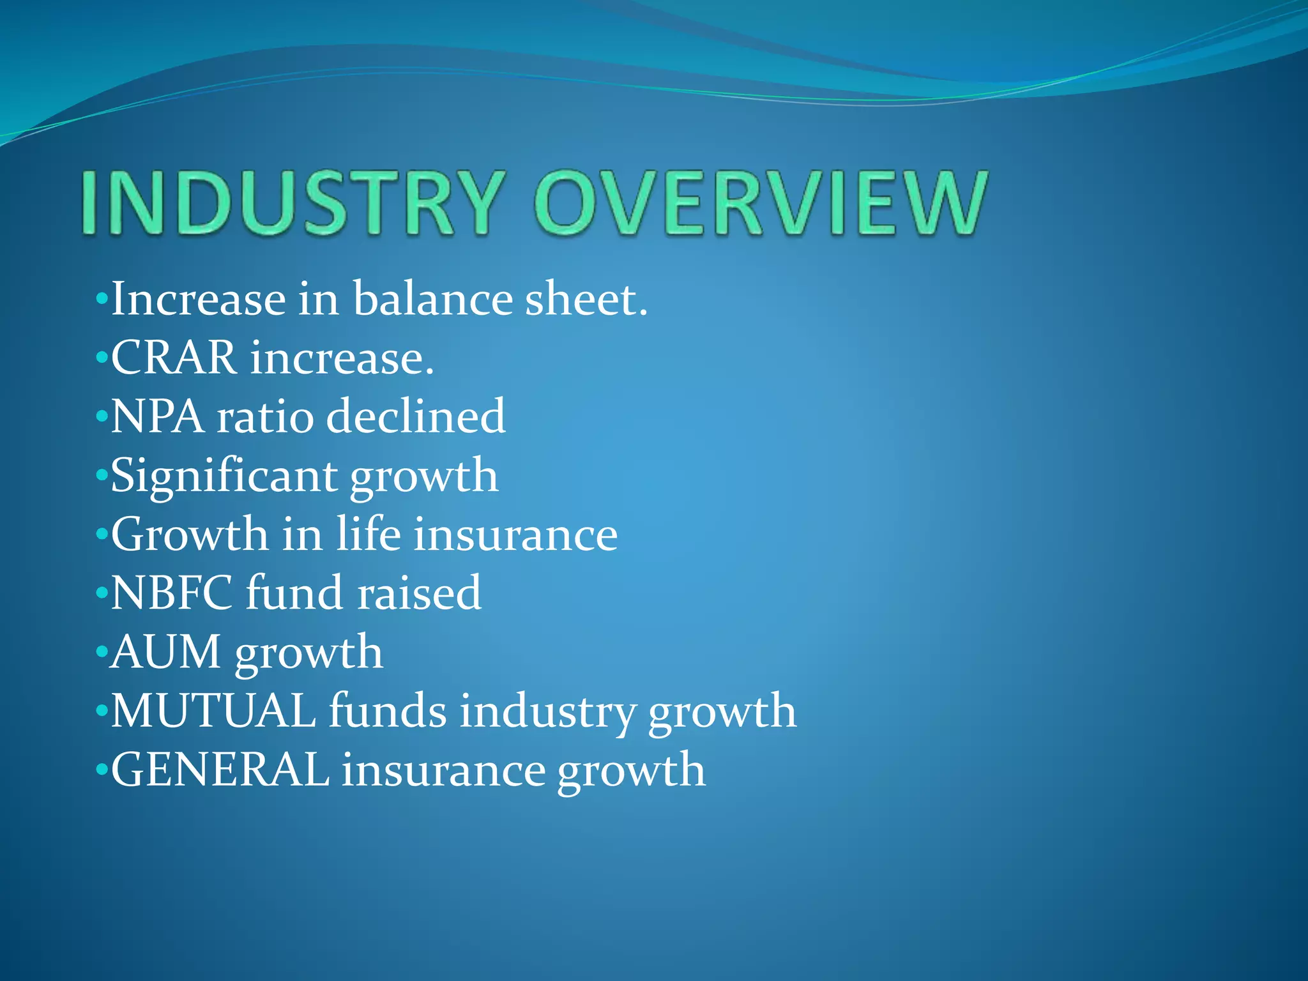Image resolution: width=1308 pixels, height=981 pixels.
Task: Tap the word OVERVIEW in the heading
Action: (x=760, y=202)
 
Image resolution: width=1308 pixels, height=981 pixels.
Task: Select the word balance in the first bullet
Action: (x=432, y=299)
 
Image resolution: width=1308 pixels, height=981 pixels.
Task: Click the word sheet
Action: (x=586, y=299)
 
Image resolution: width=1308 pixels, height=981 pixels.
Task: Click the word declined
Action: (x=416, y=416)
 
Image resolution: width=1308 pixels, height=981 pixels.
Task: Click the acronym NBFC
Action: (x=172, y=593)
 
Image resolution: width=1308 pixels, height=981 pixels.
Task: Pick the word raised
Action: (x=419, y=593)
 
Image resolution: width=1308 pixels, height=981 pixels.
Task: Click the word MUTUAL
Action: (x=213, y=711)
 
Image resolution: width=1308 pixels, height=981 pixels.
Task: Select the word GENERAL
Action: (x=220, y=770)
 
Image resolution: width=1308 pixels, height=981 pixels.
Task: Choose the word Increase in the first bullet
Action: (x=199, y=299)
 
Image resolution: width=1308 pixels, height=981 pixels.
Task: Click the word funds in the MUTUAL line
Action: (x=388, y=711)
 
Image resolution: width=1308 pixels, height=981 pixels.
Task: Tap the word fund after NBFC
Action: (x=294, y=593)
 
